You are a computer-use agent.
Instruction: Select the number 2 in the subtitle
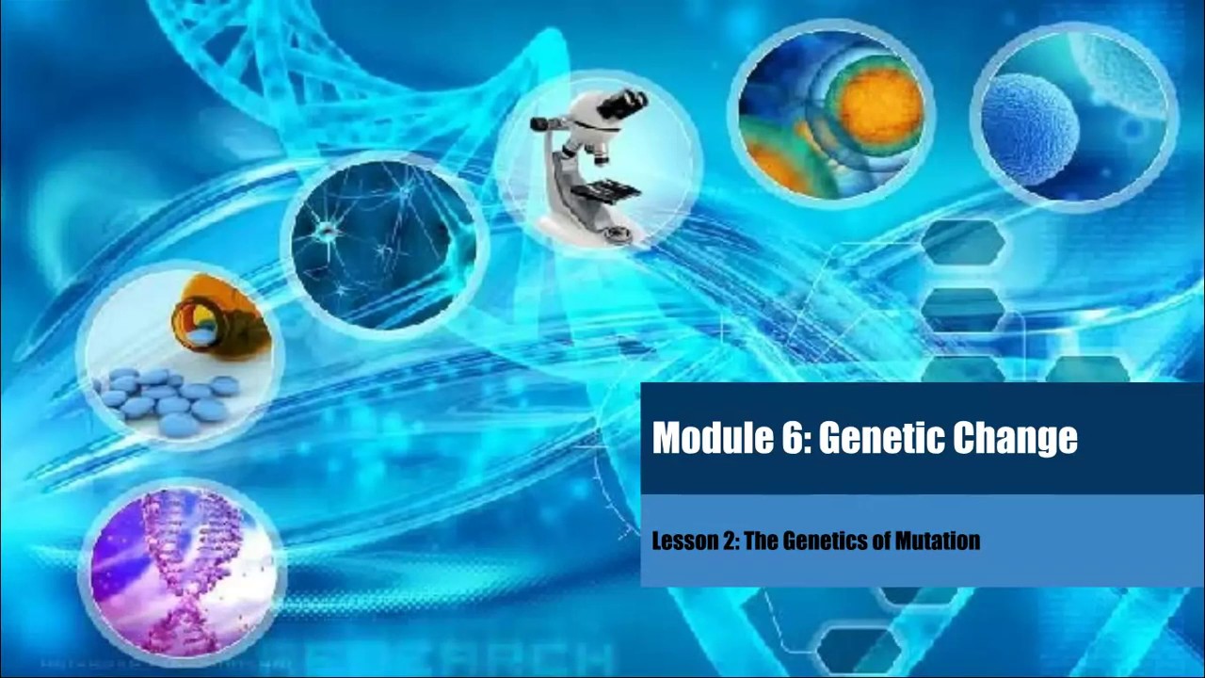pyautogui.click(x=727, y=541)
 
